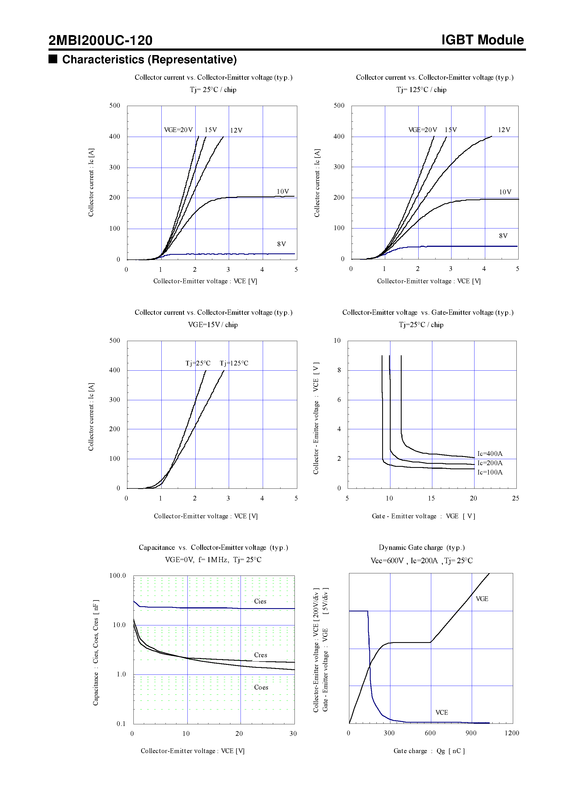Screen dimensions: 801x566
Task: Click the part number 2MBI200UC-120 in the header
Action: (x=100, y=41)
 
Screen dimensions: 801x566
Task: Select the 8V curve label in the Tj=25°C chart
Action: (x=281, y=244)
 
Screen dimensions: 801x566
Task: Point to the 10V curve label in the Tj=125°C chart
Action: (x=505, y=192)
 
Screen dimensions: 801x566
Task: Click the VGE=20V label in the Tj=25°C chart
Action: (x=178, y=130)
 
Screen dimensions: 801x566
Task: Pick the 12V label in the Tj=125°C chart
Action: (x=504, y=130)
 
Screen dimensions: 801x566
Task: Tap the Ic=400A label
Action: (x=490, y=454)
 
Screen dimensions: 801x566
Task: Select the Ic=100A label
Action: (x=490, y=472)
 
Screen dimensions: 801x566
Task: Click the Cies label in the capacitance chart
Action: (x=260, y=601)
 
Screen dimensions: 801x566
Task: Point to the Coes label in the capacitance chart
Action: (x=261, y=687)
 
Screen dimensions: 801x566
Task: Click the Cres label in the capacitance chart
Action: (x=260, y=655)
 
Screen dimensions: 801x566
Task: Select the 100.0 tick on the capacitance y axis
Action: (x=117, y=575)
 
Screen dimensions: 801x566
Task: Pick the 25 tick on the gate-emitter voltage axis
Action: (x=515, y=498)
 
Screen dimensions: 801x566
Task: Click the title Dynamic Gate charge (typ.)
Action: (x=422, y=547)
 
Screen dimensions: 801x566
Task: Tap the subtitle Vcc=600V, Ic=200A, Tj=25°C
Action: (x=422, y=560)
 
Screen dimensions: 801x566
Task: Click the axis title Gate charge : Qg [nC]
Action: (x=429, y=751)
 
